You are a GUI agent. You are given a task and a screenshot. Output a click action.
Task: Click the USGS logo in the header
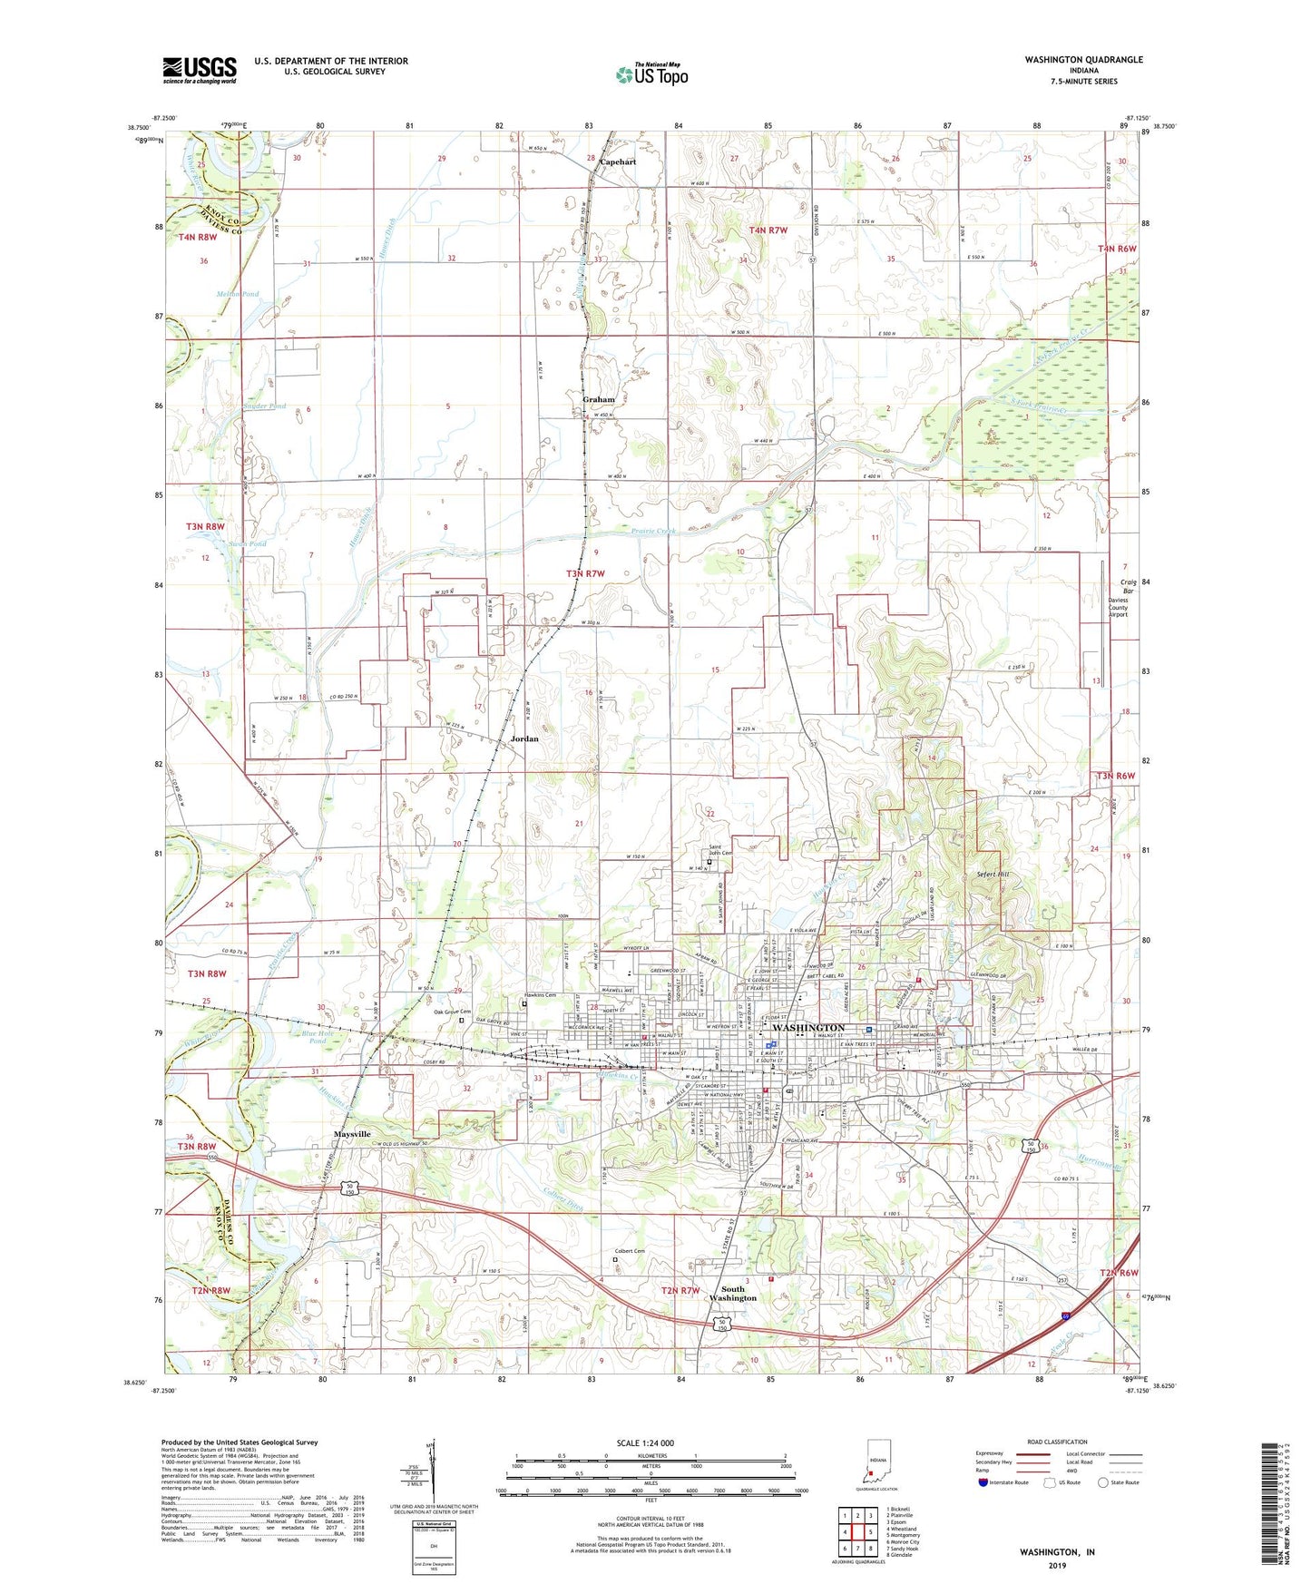tap(200, 70)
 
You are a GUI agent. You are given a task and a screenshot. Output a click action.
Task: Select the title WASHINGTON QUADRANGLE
tap(1083, 60)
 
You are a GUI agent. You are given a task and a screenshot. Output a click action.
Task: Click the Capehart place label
tap(617, 162)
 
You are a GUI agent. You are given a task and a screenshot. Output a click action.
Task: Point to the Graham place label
tap(598, 399)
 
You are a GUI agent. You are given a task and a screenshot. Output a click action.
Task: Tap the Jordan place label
tap(523, 738)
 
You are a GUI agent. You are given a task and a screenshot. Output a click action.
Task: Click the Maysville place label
tap(352, 1134)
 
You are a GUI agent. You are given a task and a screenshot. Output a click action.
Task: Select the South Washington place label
tap(732, 1293)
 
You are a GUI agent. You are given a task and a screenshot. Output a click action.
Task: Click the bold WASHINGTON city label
tap(807, 1028)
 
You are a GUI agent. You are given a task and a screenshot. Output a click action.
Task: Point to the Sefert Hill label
tap(993, 875)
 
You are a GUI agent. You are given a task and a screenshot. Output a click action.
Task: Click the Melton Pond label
tap(237, 294)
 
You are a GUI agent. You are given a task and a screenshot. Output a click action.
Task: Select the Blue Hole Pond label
tap(312, 1037)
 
